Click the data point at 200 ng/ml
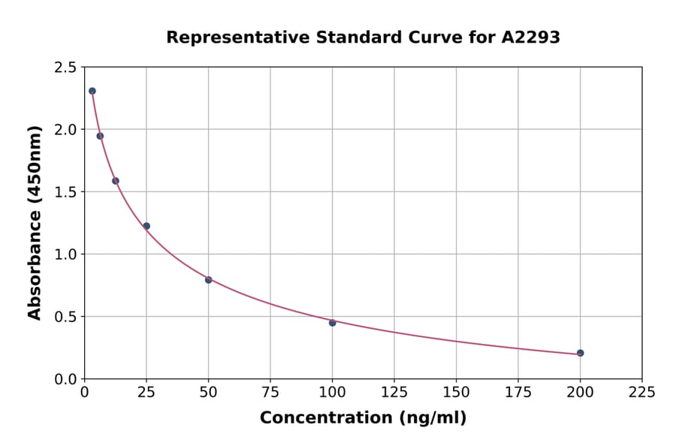(580, 353)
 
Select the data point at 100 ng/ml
(332, 323)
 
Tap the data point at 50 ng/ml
(208, 280)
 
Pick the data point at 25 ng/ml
(146, 226)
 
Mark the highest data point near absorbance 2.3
(92, 91)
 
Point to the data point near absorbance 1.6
(116, 181)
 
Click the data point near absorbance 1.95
(100, 136)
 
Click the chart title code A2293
(530, 38)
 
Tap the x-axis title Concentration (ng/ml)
(363, 418)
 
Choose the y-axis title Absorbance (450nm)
(35, 222)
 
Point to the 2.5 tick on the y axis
(65, 68)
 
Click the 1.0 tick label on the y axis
(65, 255)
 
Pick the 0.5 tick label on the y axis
(65, 317)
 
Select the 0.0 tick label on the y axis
(65, 379)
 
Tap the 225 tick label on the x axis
(641, 392)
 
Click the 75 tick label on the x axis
(270, 392)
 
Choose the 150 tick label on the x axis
(456, 392)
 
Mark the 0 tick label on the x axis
(85, 392)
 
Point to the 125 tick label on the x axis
(394, 392)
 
